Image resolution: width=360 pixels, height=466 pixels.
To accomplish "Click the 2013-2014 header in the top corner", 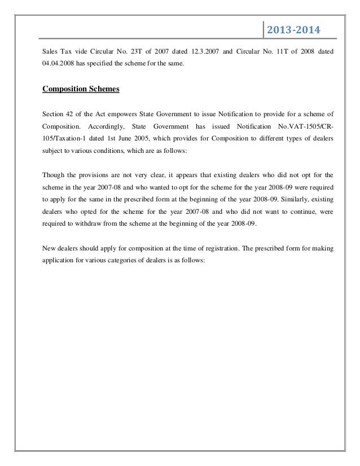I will (x=293, y=29).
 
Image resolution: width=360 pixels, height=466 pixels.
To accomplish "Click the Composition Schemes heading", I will (x=81, y=88).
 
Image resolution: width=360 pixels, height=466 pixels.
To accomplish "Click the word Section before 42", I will (x=54, y=113).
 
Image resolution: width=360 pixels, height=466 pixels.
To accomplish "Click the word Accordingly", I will (x=103, y=126).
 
